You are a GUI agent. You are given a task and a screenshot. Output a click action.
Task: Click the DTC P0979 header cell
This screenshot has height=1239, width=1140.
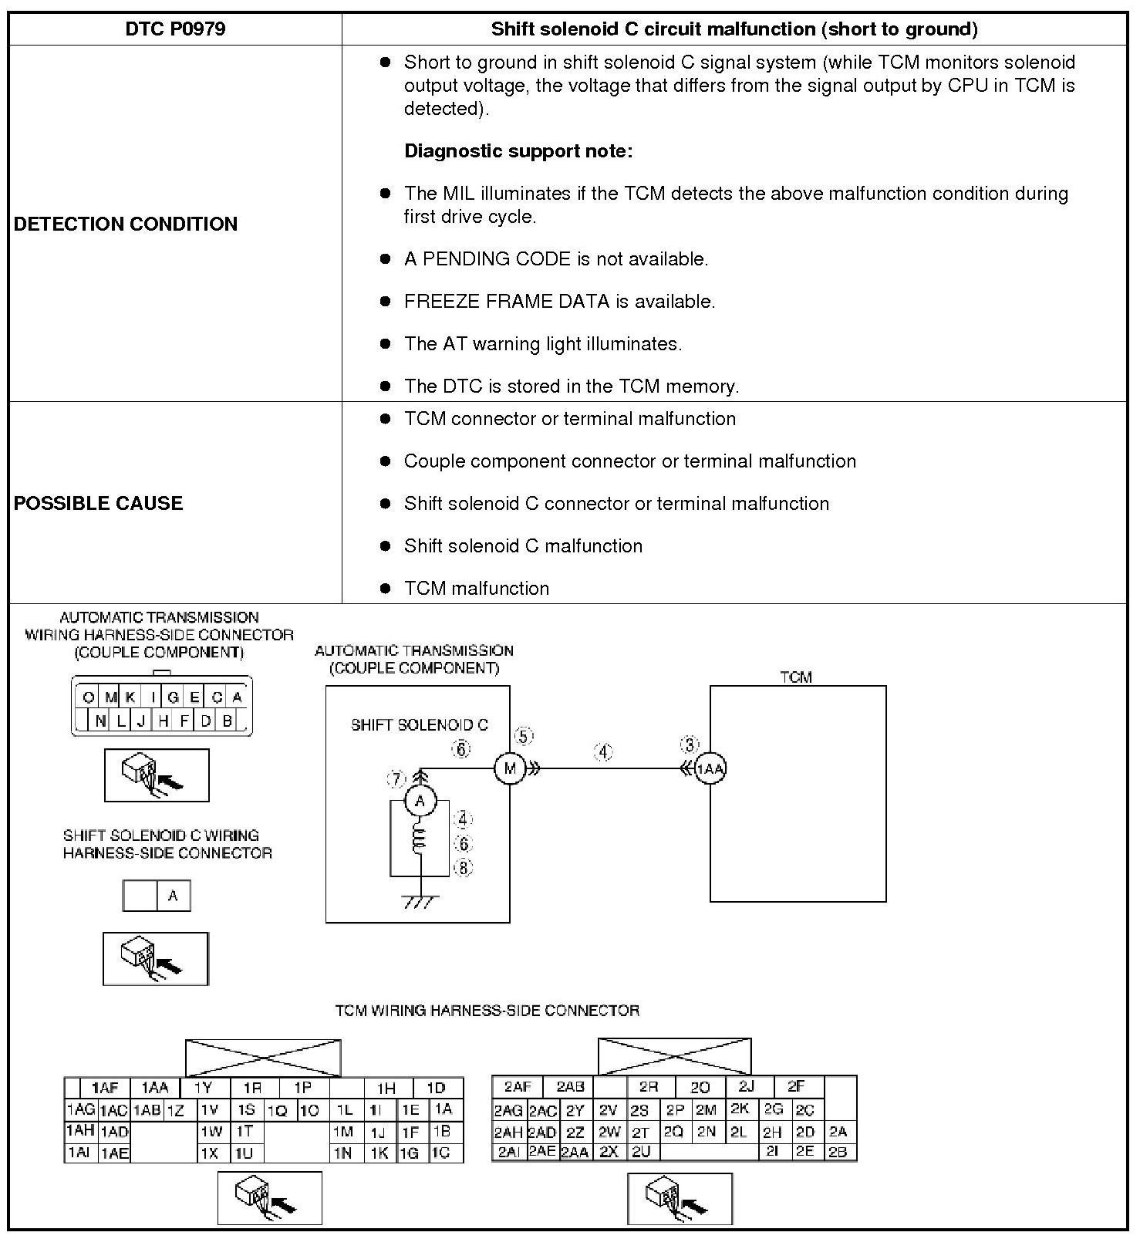(175, 29)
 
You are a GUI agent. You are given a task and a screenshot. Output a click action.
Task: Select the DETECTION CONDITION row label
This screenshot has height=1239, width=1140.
(126, 224)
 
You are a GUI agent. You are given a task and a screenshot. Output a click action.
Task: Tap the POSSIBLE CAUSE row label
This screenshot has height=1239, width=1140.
(99, 503)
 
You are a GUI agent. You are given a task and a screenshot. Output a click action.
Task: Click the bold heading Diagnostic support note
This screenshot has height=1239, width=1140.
(518, 150)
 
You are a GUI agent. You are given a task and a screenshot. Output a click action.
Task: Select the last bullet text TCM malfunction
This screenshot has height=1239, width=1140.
(477, 588)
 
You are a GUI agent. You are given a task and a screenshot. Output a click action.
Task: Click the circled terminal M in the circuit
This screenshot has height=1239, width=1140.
(509, 768)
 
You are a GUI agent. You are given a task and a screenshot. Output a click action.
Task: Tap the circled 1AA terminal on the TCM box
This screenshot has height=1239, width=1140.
(710, 768)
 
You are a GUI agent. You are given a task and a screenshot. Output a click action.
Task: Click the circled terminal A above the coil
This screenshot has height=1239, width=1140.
(420, 801)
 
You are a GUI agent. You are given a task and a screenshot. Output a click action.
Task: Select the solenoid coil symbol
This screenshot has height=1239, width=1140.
(420, 841)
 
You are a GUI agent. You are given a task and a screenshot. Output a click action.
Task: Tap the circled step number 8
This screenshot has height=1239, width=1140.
(463, 868)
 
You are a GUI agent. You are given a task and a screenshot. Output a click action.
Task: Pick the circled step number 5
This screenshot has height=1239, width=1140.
(524, 736)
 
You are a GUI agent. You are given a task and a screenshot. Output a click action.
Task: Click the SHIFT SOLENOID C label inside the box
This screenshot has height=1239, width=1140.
(420, 725)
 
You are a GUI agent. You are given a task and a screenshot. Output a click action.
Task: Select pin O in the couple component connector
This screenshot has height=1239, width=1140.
(89, 697)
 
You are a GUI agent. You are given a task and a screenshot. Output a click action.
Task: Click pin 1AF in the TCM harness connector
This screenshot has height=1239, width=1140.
(105, 1088)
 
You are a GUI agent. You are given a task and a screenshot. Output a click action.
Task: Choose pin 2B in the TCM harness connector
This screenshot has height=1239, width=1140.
(838, 1152)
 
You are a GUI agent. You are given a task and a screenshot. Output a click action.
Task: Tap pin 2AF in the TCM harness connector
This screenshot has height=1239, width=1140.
(518, 1087)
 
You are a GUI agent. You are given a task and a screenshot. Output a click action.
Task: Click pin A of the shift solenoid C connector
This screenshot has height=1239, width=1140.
(173, 896)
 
